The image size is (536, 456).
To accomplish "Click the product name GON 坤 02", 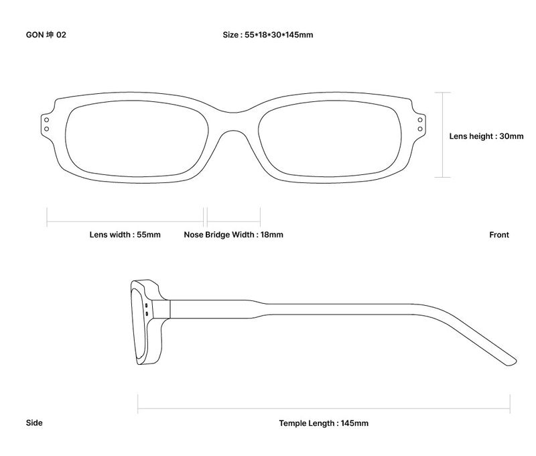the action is coord(46,35).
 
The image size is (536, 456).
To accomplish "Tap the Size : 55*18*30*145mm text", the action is coord(268,35).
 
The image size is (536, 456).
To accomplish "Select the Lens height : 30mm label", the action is coord(486,136).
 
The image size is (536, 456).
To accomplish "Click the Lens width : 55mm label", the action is coord(125,235).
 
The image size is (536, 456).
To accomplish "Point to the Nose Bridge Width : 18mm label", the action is coord(233,235).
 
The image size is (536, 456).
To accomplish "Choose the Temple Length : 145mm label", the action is coord(324,423).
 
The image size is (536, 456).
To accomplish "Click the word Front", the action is coord(499,235).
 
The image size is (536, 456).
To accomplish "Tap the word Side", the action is coord(34,423).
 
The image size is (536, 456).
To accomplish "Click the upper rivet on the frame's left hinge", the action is coord(46,120).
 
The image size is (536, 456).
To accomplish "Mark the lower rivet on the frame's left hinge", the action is coord(46,129).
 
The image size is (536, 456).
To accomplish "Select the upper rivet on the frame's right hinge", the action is coord(420,120).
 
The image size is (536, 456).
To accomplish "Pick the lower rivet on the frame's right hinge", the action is coord(420,129).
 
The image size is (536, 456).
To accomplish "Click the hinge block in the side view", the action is coord(161,309).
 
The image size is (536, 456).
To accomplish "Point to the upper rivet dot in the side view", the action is coord(147,305).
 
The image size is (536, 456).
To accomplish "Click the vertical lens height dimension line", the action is coord(443,135).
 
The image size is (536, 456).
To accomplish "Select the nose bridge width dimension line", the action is coord(234,221).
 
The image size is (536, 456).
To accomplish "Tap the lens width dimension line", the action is coord(125,221).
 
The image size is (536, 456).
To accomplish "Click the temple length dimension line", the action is coord(324,408).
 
